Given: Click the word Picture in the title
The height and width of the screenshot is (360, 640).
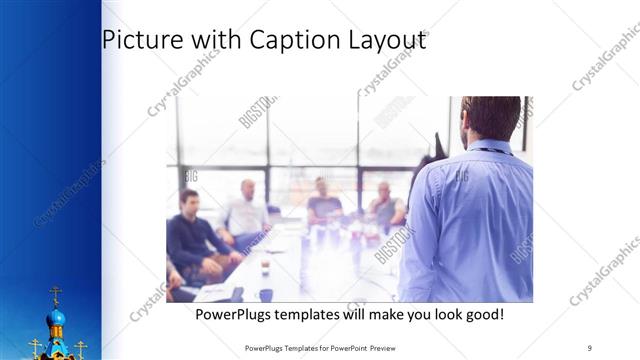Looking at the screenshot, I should coord(138,42).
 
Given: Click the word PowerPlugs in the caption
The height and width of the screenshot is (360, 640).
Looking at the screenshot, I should coord(231,315).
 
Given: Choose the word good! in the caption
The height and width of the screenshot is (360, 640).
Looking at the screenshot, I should coord(482,315).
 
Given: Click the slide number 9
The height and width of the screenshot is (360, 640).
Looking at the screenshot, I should coord(590,346).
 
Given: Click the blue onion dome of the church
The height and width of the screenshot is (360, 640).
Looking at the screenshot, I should coord(56,319).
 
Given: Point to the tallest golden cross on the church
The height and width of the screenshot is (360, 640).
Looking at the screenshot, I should coord(56,293).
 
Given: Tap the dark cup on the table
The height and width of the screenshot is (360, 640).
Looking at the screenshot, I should coord(265,295).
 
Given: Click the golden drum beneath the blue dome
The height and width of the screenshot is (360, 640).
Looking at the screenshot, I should coord(56,334).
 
